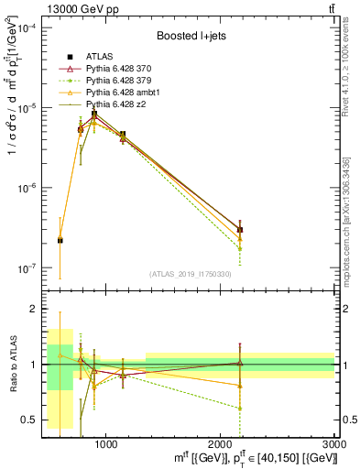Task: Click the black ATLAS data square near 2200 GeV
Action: [x=239, y=230]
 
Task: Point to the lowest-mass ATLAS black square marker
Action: [x=60, y=240]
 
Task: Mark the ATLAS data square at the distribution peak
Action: [x=93, y=115]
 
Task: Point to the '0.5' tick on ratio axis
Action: [x=32, y=420]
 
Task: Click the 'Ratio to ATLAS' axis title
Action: [x=11, y=365]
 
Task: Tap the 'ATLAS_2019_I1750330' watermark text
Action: [x=191, y=274]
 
